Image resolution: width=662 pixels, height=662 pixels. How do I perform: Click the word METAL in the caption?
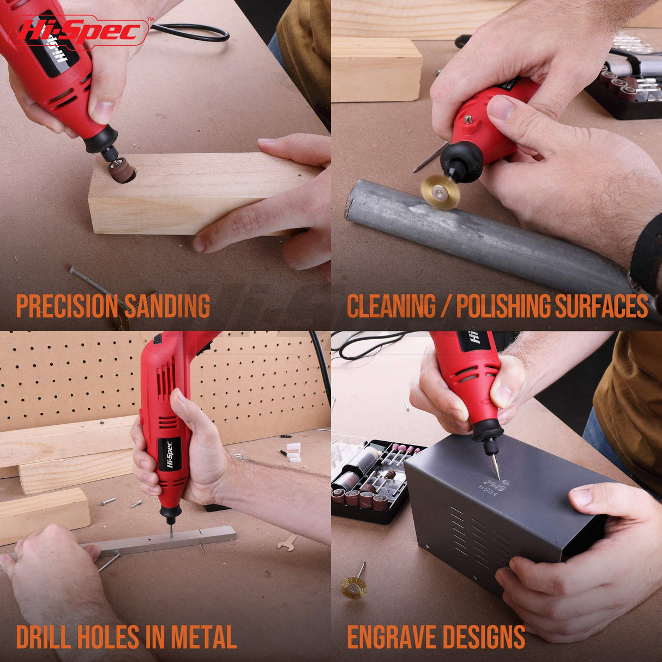(203, 637)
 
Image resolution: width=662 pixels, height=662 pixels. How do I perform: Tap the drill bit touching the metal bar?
(171, 529)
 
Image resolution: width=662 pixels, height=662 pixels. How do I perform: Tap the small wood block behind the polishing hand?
(376, 69)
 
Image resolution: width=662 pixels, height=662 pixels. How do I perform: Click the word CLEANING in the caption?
(391, 306)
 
